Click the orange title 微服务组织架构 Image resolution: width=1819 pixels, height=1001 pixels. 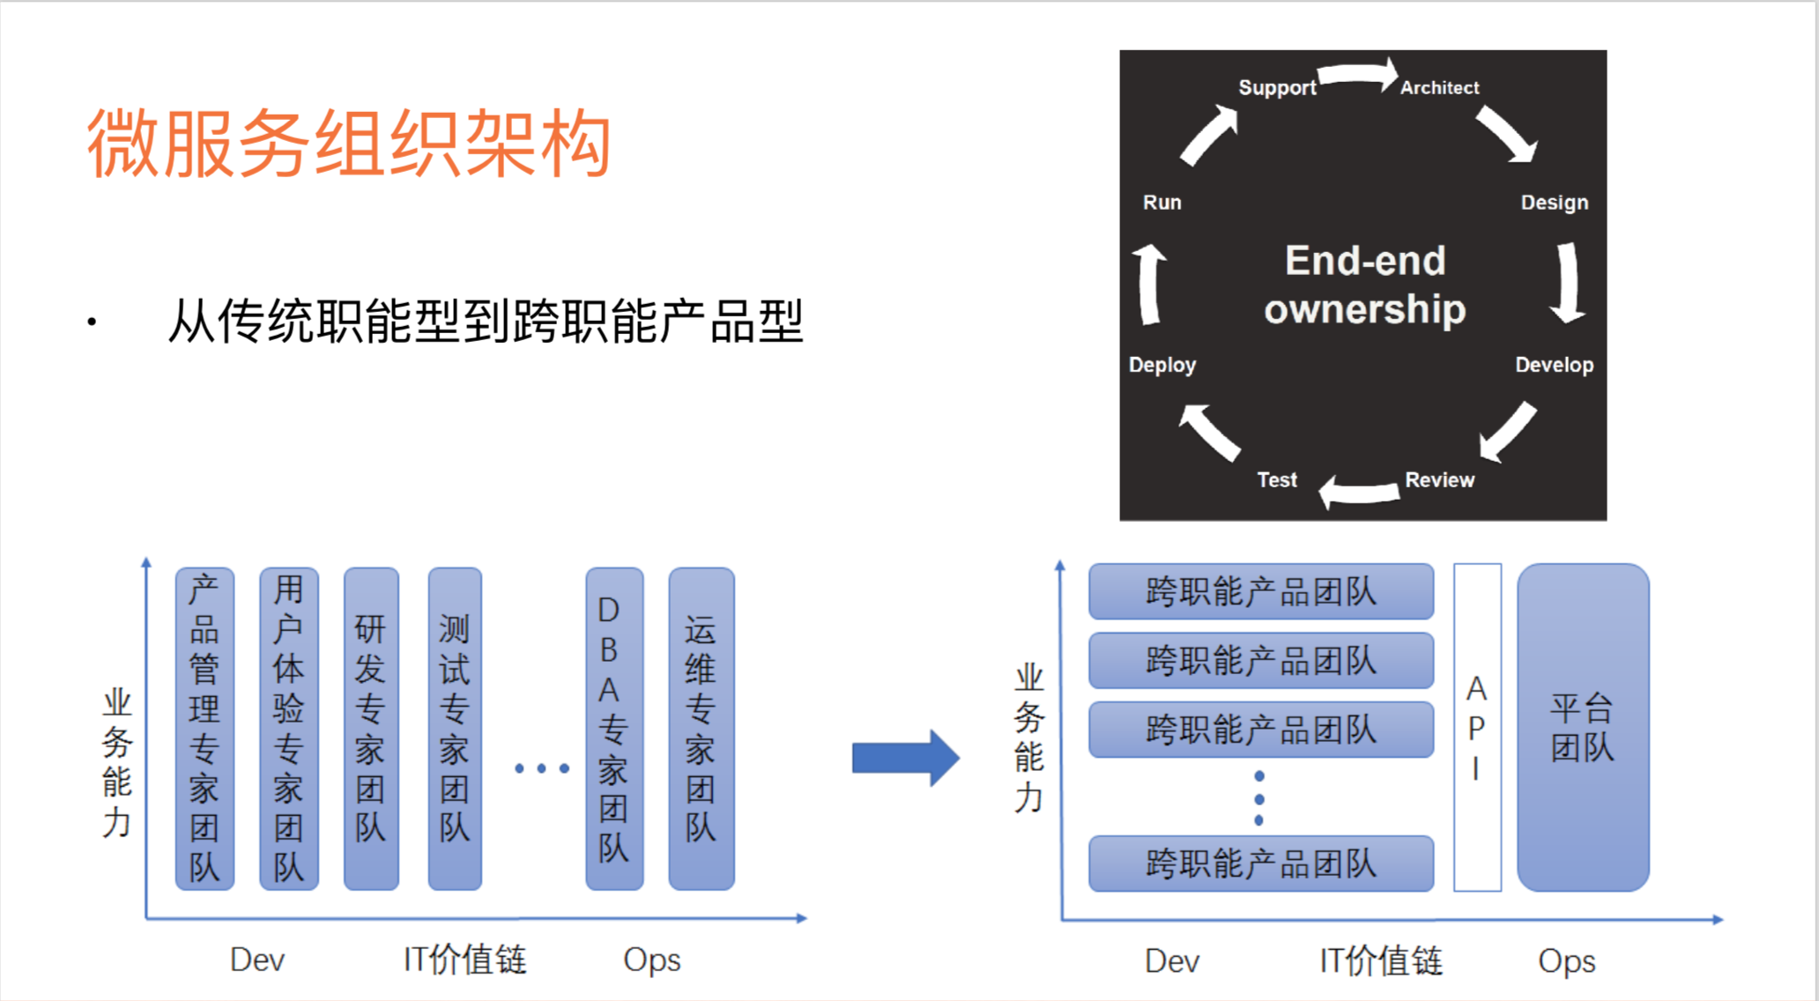pyautogui.click(x=348, y=144)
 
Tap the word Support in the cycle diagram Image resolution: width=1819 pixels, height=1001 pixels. pyautogui.click(x=1276, y=87)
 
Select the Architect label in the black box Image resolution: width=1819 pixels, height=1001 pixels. pyautogui.click(x=1439, y=87)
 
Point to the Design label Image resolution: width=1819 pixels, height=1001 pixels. pyautogui.click(x=1554, y=202)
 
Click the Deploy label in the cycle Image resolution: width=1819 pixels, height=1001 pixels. pyautogui.click(x=1162, y=365)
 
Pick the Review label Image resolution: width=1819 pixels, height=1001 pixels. pyautogui.click(x=1438, y=479)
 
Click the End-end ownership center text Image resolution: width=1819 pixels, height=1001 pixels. pyautogui.click(x=1364, y=285)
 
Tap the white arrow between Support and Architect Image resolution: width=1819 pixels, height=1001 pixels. pyautogui.click(x=1358, y=75)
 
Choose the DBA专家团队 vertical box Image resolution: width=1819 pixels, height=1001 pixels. pyautogui.click(x=614, y=729)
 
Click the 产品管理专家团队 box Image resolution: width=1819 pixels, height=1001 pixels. pyautogui.click(x=204, y=729)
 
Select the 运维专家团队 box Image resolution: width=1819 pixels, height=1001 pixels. pyautogui.click(x=701, y=729)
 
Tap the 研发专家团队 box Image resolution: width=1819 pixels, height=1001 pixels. pyautogui.click(x=371, y=729)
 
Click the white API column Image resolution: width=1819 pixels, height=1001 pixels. pyautogui.click(x=1477, y=728)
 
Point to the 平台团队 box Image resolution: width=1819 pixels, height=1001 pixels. pyautogui.click(x=1583, y=728)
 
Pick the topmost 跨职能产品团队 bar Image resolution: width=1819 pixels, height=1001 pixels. pyautogui.click(x=1260, y=591)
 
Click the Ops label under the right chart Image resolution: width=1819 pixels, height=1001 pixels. pyautogui.click(x=1566, y=960)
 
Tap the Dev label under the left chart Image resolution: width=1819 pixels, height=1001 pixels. pyautogui.click(x=256, y=959)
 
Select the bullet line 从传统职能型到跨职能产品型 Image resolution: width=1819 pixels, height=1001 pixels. pyautogui.click(x=485, y=321)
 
